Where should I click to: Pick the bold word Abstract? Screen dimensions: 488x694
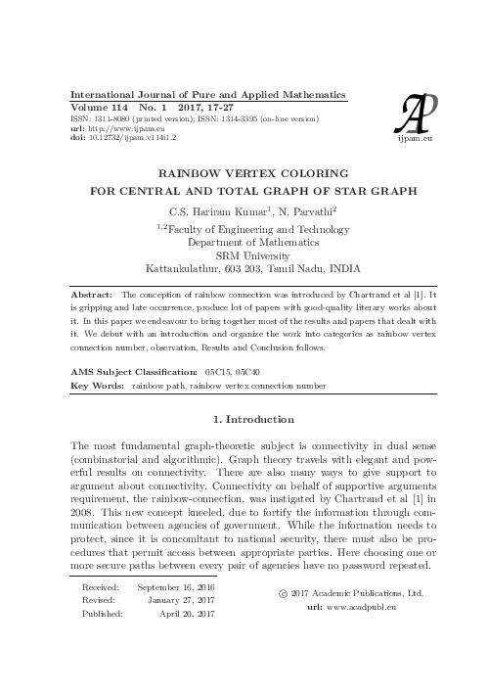tap(93, 293)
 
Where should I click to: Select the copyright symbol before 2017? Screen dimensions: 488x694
tap(284, 593)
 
